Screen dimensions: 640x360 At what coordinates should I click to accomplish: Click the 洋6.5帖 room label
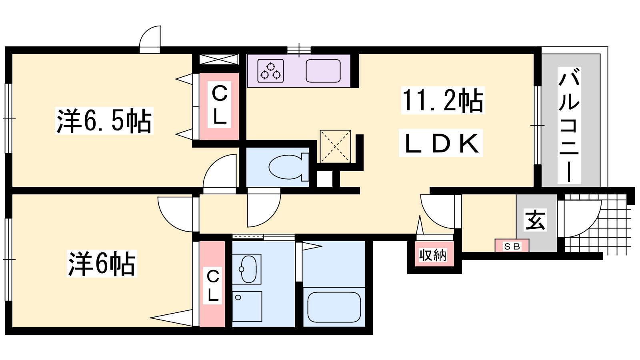[x=104, y=121]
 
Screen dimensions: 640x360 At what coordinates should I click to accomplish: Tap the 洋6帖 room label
[x=102, y=264]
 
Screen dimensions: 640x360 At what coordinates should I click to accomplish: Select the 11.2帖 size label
[x=443, y=100]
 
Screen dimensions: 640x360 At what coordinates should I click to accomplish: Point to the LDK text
[x=441, y=143]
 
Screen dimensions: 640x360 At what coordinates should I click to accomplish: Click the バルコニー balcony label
[x=569, y=125]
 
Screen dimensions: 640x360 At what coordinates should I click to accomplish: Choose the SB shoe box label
[x=512, y=246]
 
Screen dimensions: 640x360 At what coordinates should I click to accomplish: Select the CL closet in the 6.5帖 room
[x=219, y=106]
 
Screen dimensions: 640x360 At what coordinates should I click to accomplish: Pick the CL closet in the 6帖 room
[x=212, y=284]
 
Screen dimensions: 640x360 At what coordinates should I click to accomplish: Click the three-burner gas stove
[x=270, y=71]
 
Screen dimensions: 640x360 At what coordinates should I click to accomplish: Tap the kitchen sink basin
[x=323, y=70]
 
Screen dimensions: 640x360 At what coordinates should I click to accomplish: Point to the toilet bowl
[x=288, y=167]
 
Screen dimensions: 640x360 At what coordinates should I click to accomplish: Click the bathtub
[x=334, y=307]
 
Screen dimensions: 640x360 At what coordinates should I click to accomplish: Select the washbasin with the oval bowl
[x=247, y=269]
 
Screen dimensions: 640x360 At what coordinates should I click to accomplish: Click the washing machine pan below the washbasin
[x=247, y=306]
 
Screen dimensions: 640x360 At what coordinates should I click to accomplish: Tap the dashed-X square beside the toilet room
[x=336, y=146]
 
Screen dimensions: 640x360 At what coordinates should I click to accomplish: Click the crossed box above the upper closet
[x=218, y=60]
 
